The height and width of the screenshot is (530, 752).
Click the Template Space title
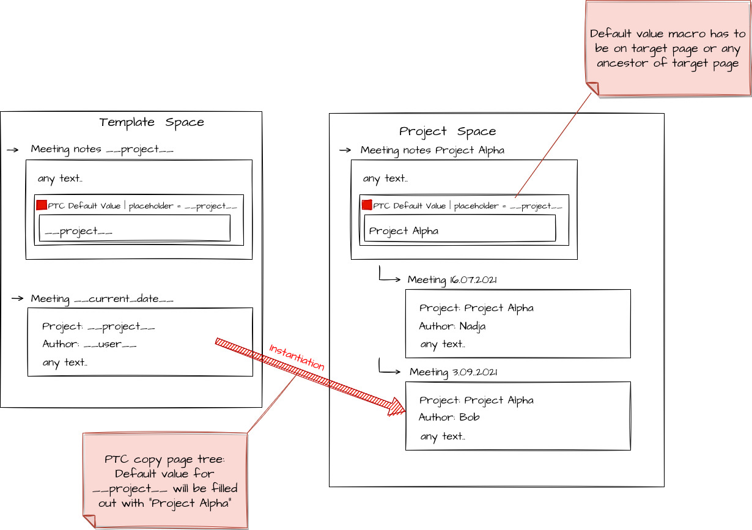152,122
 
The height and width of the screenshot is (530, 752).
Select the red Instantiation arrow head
397,407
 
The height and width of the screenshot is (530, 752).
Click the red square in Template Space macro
42,205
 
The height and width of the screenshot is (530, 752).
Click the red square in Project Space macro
367,205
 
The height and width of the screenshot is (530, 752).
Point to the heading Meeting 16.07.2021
452,280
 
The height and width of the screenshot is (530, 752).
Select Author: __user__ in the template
89,344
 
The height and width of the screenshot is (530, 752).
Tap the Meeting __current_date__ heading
102,299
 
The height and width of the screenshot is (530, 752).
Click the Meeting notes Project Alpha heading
432,150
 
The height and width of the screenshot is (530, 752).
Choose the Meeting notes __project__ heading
102,149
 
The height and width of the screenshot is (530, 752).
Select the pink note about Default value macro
667,49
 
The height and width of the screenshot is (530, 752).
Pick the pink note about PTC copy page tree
165,480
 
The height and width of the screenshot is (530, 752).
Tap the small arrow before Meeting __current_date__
17,299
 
